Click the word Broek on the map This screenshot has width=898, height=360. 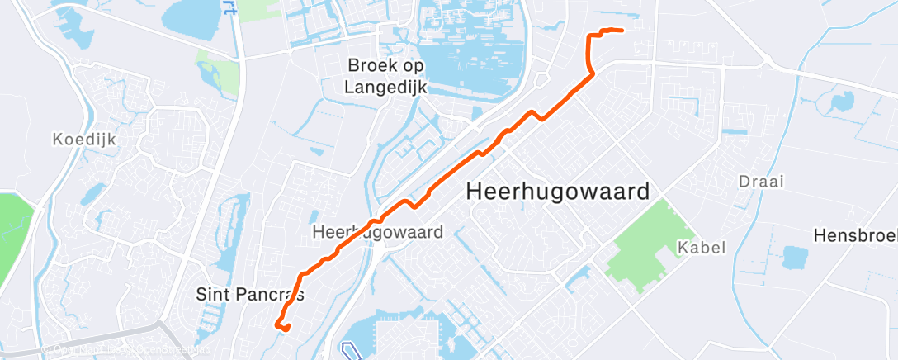tap(369, 64)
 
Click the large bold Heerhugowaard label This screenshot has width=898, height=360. tap(558, 191)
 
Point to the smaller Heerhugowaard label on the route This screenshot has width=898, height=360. tap(377, 234)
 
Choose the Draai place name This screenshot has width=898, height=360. tap(761, 182)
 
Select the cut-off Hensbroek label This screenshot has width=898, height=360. tap(855, 235)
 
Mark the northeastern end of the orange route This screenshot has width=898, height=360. tap(620, 31)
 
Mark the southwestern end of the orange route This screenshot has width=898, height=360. tap(288, 329)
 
